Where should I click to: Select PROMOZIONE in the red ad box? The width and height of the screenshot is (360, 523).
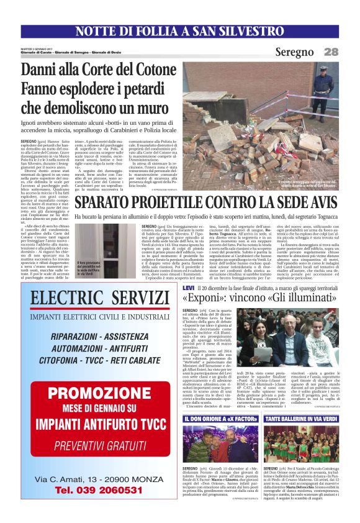(x=91, y=393)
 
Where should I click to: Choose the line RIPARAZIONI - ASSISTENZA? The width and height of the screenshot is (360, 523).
(x=91, y=336)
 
